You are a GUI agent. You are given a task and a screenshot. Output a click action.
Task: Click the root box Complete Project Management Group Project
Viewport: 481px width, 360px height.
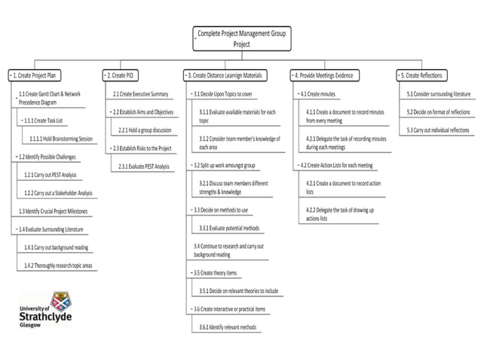coord(241,38)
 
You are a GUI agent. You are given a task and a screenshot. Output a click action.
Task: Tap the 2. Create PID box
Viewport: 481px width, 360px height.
coord(122,76)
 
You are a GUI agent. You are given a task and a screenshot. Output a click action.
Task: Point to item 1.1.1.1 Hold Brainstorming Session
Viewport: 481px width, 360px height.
coord(62,139)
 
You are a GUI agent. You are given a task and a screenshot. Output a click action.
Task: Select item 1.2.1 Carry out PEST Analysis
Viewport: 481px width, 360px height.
coord(51,175)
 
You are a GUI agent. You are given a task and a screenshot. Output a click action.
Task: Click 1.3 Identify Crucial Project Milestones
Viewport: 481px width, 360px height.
coord(53,211)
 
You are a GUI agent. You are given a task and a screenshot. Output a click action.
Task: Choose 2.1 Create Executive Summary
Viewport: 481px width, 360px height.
coord(140,94)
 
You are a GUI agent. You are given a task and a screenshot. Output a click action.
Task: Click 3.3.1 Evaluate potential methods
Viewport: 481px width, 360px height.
coord(229,227)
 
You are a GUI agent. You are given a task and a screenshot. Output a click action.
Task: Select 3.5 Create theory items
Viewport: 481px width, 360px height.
coord(216,272)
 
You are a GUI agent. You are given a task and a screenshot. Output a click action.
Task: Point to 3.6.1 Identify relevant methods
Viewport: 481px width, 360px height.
coord(228,327)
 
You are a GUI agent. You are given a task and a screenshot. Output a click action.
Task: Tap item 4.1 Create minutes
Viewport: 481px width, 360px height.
coord(318,94)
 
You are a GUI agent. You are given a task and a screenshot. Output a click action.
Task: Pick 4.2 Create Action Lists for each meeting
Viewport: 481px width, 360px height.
coord(336,165)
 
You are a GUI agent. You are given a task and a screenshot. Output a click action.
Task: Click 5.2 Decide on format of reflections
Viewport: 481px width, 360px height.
coord(439,112)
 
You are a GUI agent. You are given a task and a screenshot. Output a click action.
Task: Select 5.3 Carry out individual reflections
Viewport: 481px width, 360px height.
coord(439,130)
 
